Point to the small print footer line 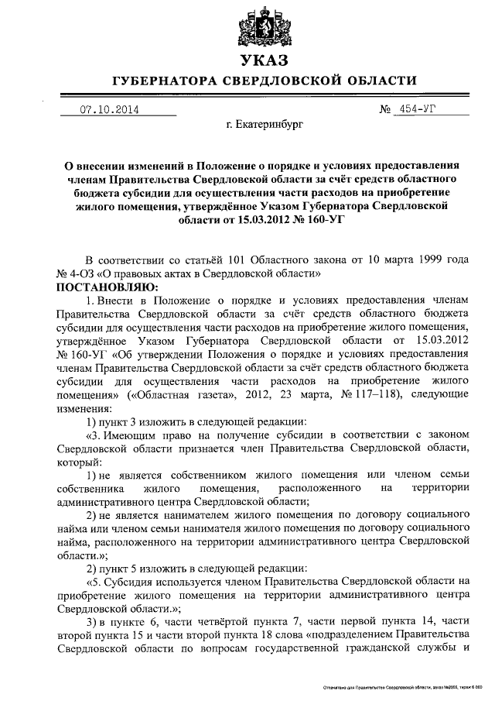[408, 688]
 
